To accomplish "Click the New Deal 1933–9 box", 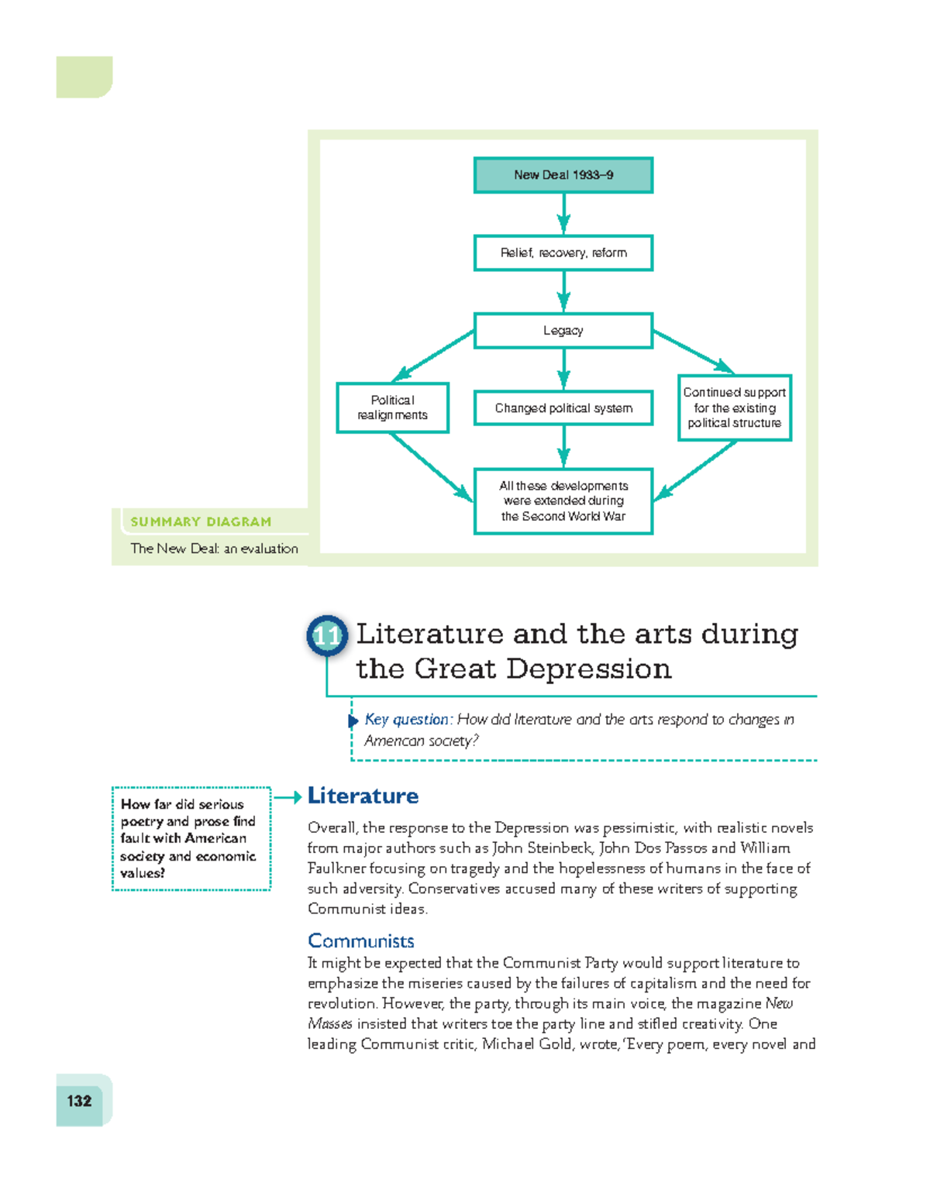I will [x=563, y=175].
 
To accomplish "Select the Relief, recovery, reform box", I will [x=563, y=253].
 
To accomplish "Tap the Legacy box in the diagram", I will [x=563, y=331].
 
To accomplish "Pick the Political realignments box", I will [x=392, y=408].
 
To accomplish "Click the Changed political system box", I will [x=563, y=408].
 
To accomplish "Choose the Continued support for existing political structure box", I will [x=734, y=408].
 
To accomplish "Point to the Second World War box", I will [x=563, y=501].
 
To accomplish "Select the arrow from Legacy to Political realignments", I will [x=434, y=356].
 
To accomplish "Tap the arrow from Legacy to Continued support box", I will [x=694, y=352].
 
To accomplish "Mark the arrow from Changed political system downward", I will [x=563, y=447].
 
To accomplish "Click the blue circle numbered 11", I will [x=326, y=636].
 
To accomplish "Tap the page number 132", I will [x=79, y=1101].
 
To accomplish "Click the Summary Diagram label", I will [x=201, y=522].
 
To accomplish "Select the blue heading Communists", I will [x=361, y=941].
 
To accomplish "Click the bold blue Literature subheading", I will [x=363, y=796].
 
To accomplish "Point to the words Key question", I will [x=406, y=720].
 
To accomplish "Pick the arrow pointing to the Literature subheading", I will [x=288, y=797].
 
